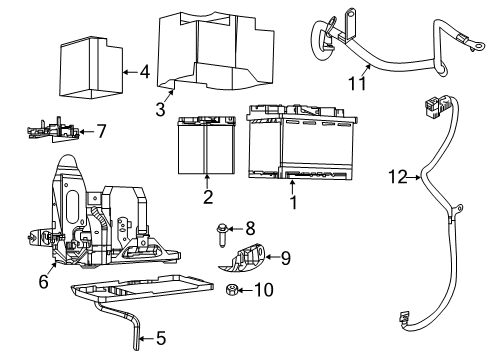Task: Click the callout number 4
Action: click(145, 72)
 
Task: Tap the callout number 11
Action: click(357, 83)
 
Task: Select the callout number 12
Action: click(398, 177)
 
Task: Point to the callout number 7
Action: click(101, 131)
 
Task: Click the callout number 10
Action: click(264, 290)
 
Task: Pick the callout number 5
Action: click(161, 338)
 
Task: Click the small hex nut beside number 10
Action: click(230, 290)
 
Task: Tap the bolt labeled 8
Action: click(221, 235)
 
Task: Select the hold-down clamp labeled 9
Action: click(242, 257)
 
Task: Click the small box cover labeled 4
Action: click(91, 68)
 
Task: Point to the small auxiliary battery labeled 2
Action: click(207, 145)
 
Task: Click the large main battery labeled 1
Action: click(302, 143)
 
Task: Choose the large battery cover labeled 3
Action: click(216, 51)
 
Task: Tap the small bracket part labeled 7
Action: click(53, 131)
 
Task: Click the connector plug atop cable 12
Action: click(434, 106)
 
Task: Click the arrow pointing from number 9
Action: click(272, 257)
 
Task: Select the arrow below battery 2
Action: click(207, 182)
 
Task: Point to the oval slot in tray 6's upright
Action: click(71, 208)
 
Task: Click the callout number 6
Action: click(44, 282)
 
